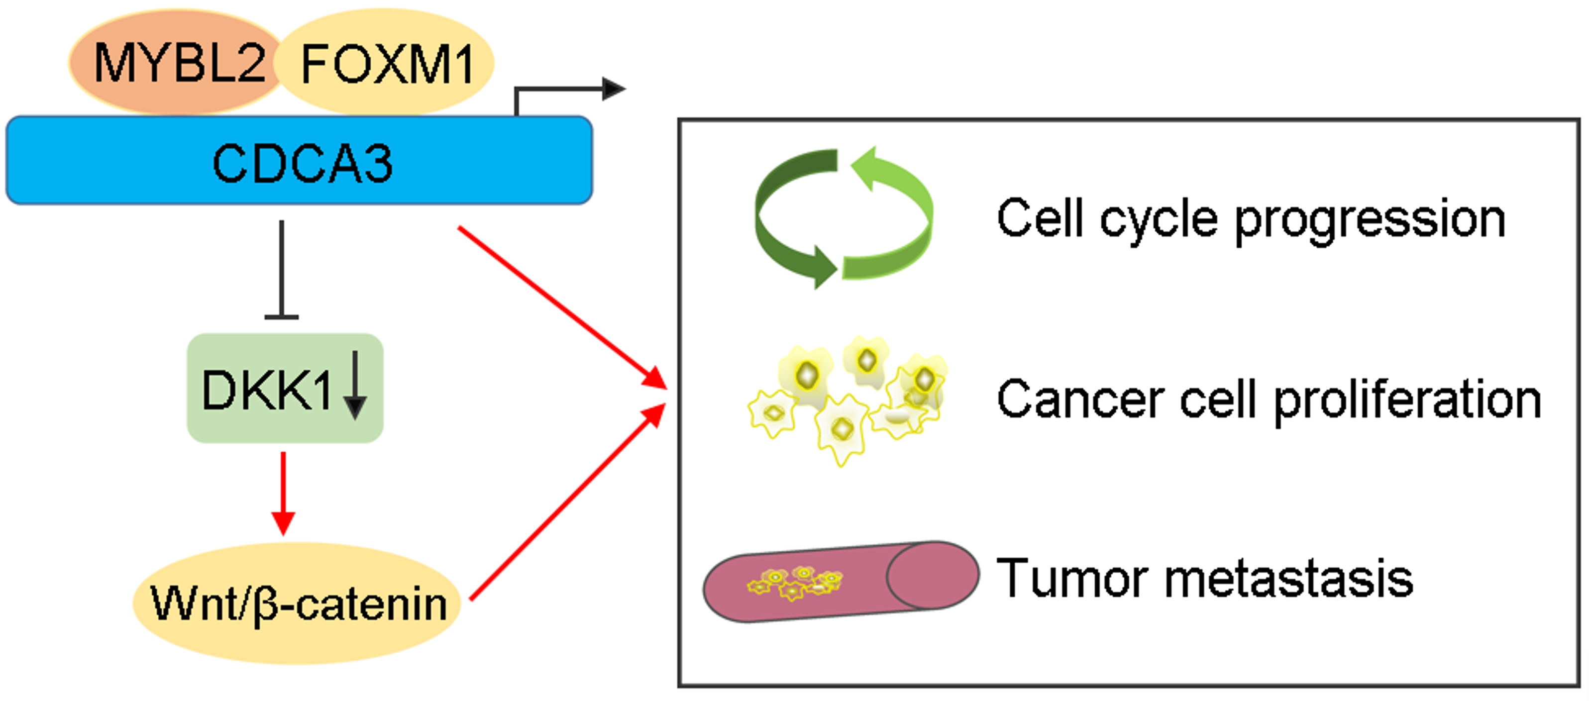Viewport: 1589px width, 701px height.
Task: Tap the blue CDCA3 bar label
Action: coord(302,163)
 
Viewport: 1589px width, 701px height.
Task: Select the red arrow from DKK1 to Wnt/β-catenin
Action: coord(283,493)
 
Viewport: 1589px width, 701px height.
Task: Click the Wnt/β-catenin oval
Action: coord(297,603)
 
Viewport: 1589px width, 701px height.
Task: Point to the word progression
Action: coord(1370,220)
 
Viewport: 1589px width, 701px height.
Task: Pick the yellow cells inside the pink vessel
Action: coord(796,583)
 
